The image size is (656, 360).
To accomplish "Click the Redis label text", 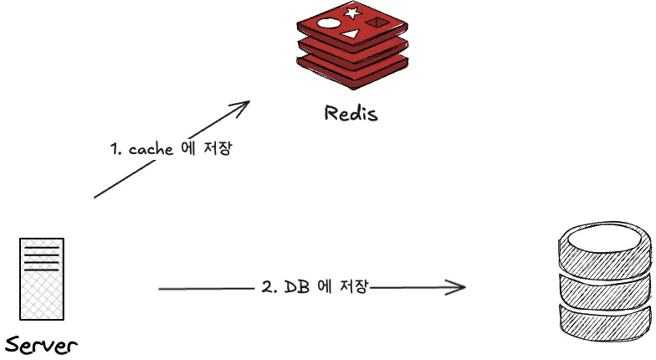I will click(351, 113).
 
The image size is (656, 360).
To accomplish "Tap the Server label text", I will click(41, 344).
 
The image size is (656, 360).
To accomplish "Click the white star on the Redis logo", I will click(351, 13).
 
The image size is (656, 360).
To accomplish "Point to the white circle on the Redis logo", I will click(329, 23).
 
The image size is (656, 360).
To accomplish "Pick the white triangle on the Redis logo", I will click(351, 34).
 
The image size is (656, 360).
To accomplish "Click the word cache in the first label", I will click(151, 149).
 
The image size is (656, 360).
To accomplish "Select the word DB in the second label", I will click(297, 286).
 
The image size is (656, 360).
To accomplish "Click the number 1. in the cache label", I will click(117, 150).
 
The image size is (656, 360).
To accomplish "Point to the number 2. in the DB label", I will click(269, 287).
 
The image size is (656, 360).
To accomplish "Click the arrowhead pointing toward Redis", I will click(242, 106).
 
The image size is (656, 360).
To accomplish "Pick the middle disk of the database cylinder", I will click(604, 289).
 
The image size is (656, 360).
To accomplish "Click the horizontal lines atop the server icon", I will click(42, 255).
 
